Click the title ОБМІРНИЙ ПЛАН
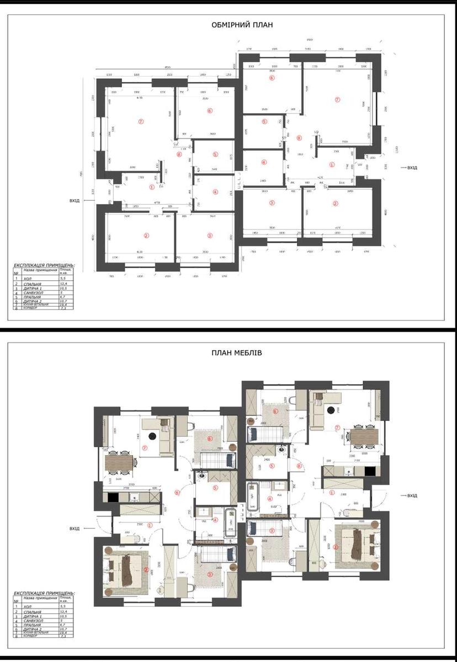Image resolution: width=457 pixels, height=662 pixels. pos(242,25)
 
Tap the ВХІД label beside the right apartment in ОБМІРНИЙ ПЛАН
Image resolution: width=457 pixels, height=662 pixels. pos(412,167)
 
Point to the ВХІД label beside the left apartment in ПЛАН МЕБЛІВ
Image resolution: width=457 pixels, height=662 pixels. pos(74,528)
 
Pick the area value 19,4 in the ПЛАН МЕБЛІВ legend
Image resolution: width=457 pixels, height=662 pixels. pos(62,633)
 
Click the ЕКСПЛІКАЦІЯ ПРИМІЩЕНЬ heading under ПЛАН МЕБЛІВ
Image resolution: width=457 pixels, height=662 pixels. pos(44,593)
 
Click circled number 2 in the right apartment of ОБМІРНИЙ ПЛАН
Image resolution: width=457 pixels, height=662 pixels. pos(335,203)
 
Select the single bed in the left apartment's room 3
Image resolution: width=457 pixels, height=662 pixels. pos(215,553)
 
